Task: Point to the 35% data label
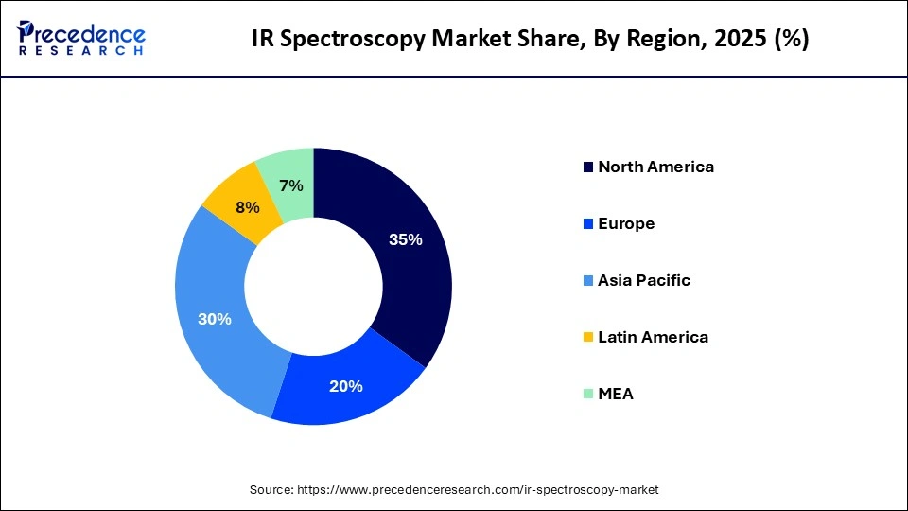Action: tap(405, 240)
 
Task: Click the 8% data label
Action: tap(248, 207)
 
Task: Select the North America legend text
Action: tap(655, 167)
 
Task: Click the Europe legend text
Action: tap(626, 223)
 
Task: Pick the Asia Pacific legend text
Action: tap(644, 280)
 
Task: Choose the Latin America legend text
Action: tap(653, 337)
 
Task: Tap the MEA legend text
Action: tap(616, 394)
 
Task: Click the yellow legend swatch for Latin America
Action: tap(588, 338)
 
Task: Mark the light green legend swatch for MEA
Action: tap(588, 395)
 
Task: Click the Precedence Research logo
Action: tap(81, 38)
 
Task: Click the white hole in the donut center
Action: tap(313, 286)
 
